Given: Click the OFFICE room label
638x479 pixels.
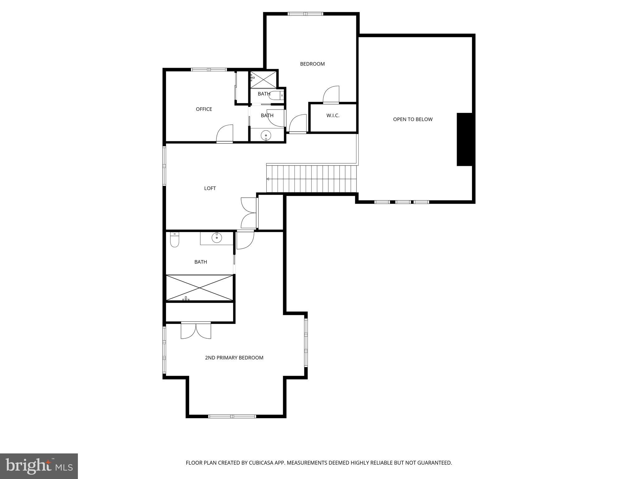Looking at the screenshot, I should click(x=204, y=109).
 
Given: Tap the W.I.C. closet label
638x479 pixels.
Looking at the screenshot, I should click(x=333, y=116).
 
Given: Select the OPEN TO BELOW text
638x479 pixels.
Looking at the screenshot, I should click(x=412, y=119).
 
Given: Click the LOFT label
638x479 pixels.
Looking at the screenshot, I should click(x=210, y=188).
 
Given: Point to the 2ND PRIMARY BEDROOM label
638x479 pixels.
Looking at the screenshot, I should click(x=234, y=358).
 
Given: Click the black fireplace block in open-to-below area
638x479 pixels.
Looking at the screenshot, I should click(x=464, y=139).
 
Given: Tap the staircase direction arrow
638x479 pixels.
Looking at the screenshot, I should click(x=268, y=179).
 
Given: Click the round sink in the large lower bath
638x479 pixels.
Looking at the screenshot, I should click(x=217, y=238).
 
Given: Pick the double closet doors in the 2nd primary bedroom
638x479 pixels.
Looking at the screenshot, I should click(x=196, y=331).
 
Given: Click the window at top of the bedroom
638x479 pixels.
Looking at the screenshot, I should click(x=305, y=14).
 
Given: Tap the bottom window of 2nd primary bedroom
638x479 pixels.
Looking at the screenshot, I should click(x=232, y=416).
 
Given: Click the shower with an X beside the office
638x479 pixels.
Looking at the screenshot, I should click(x=264, y=80).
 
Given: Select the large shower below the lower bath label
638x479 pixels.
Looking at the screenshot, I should click(x=199, y=288).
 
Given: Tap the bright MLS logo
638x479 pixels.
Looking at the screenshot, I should click(x=39, y=466).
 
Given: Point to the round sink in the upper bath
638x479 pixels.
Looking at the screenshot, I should click(x=266, y=135).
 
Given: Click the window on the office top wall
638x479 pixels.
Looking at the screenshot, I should click(x=209, y=70).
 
